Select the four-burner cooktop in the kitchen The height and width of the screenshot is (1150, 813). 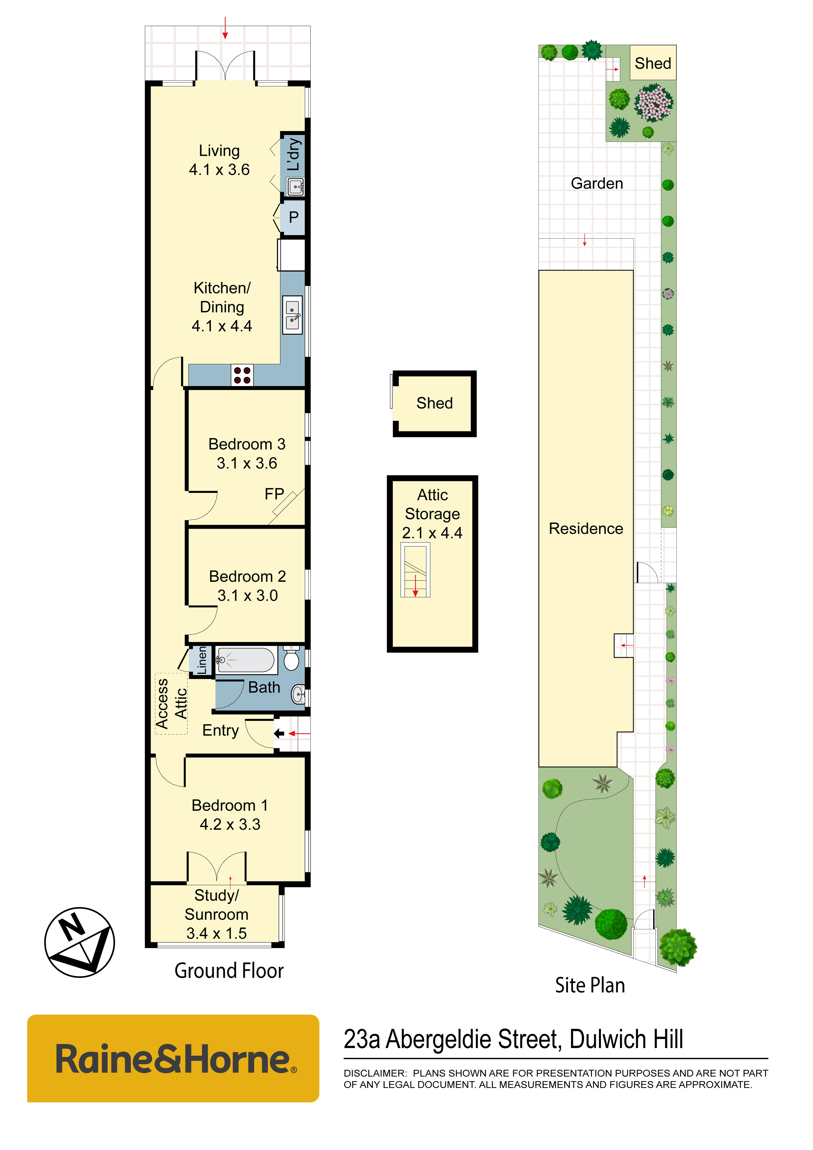click(242, 375)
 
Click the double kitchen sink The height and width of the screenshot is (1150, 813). click(292, 315)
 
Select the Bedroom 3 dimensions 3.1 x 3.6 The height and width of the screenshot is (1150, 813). click(247, 463)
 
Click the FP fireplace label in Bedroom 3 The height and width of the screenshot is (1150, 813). click(274, 494)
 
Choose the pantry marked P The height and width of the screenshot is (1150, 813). click(293, 217)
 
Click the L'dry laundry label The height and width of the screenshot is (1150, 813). click(294, 154)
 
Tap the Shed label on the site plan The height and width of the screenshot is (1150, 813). click(653, 63)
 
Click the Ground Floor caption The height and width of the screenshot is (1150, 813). click(229, 971)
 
